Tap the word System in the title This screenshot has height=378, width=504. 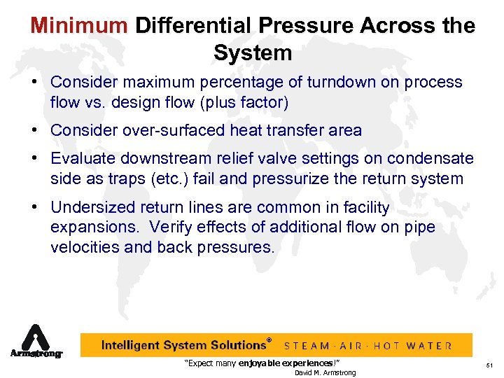click(253, 53)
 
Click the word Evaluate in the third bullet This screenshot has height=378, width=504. click(83, 159)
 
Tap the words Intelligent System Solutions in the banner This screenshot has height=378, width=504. click(183, 345)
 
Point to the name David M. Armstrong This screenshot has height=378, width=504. click(325, 372)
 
